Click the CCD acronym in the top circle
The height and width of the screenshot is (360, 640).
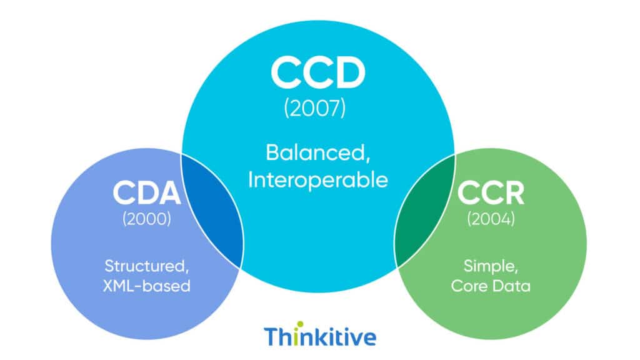coord(318,73)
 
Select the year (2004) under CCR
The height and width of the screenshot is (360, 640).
coord(491,220)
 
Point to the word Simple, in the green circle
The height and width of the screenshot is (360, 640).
coord(491,266)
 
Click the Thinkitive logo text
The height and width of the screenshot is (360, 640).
coord(320,336)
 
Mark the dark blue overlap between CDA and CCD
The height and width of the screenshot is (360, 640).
coord(214,212)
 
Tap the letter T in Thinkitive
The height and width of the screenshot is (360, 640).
coord(271,336)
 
